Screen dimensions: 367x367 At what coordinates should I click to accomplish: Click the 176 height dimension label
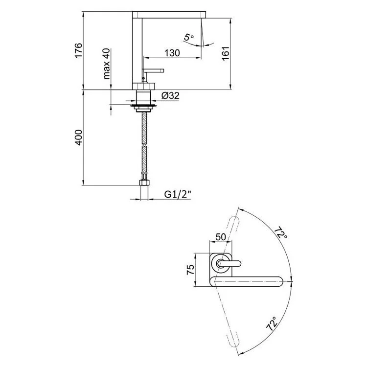click(79, 50)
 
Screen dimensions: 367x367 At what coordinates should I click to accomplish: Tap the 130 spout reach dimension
click(172, 53)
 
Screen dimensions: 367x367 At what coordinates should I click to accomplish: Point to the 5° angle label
click(189, 37)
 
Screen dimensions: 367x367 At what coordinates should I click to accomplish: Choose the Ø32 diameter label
click(170, 95)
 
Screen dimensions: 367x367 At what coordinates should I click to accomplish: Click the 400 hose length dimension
click(79, 138)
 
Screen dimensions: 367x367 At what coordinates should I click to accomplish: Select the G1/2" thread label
click(178, 194)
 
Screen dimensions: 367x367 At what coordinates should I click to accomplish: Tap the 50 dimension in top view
click(221, 237)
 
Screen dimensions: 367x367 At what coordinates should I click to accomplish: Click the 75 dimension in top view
click(190, 270)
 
